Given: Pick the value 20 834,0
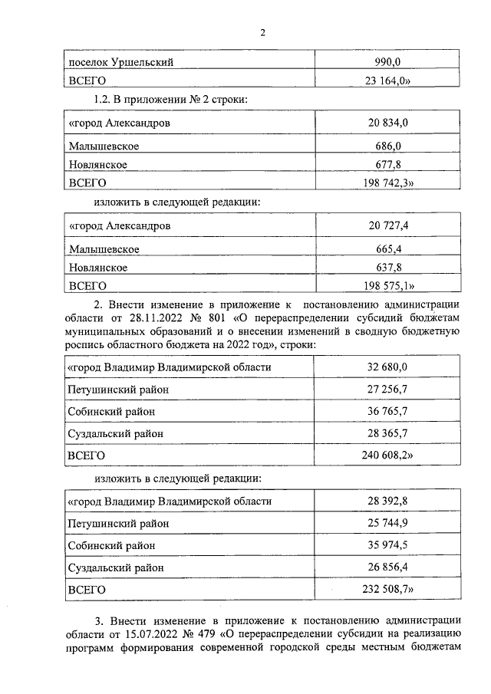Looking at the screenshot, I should click(x=387, y=123).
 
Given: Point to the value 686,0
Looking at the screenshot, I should click(x=387, y=145).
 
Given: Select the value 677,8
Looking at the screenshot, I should click(x=387, y=164).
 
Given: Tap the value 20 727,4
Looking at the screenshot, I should click(x=387, y=226).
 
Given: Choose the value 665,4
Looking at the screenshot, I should click(x=387, y=248).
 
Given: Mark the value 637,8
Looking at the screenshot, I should click(x=387, y=268).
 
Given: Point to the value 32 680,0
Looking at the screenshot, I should click(x=387, y=367).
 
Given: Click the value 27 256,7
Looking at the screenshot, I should click(x=387, y=390).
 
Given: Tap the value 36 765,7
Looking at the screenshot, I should click(x=387, y=412).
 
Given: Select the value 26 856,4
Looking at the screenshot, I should click(x=387, y=567).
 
